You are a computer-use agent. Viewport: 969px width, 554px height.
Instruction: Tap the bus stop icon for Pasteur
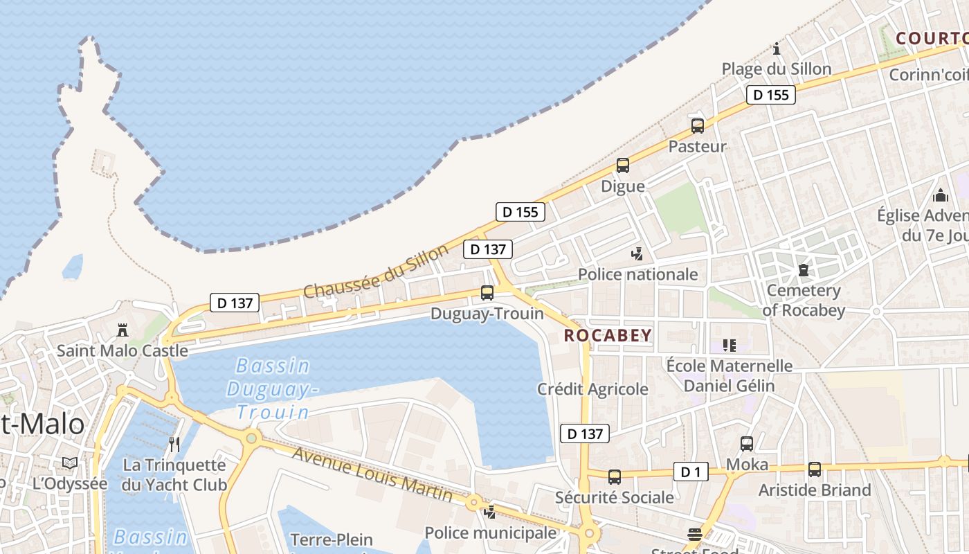(x=698, y=126)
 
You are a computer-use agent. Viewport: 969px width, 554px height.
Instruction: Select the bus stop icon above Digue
(x=623, y=166)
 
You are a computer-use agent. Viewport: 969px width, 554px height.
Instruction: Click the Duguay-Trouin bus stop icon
(x=487, y=293)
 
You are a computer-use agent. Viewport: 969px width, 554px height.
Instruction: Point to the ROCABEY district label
(x=608, y=336)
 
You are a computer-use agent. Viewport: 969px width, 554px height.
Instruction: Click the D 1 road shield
(x=691, y=472)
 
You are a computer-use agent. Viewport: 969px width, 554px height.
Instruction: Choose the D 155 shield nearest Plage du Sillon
(x=770, y=95)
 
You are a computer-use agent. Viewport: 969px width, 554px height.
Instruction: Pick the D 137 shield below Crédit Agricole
(x=585, y=434)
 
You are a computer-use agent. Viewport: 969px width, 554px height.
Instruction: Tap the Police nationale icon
(x=637, y=254)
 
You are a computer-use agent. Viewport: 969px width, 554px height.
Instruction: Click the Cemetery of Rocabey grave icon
(x=804, y=269)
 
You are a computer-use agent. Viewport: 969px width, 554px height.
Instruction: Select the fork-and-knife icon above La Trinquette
(x=174, y=443)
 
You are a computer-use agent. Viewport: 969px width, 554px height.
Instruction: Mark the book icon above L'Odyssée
(x=70, y=463)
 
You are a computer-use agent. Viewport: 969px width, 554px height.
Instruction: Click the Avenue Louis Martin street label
(x=372, y=474)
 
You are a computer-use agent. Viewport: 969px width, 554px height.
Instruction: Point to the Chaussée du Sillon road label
(x=376, y=271)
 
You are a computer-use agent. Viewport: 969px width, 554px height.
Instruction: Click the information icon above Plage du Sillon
(x=777, y=48)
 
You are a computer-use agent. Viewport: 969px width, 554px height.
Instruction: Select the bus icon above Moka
(x=747, y=444)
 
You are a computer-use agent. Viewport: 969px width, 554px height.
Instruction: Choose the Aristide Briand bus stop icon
(x=815, y=470)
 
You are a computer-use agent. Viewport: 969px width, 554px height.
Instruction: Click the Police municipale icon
(x=490, y=512)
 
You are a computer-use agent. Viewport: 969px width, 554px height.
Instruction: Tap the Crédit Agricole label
(x=592, y=389)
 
